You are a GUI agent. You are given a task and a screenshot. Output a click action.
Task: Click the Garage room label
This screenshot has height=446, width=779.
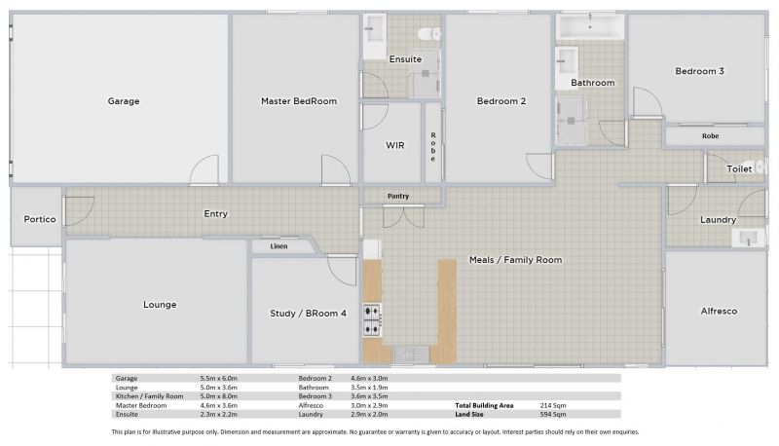point(124,101)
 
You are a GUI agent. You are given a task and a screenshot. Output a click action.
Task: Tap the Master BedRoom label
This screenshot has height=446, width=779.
point(299,101)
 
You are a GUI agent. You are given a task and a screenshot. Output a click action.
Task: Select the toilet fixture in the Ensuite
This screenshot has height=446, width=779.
point(429,34)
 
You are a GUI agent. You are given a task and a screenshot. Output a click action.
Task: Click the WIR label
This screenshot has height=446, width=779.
point(395,145)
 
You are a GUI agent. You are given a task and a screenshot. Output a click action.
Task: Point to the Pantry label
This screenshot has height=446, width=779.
point(398,196)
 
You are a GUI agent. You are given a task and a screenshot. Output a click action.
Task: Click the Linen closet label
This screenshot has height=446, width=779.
point(278,246)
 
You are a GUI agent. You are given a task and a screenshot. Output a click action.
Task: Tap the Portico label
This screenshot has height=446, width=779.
point(40,219)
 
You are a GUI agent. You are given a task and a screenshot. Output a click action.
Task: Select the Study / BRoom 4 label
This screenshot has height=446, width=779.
point(308,314)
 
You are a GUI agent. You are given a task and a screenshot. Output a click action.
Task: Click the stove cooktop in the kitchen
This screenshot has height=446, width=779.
point(372,319)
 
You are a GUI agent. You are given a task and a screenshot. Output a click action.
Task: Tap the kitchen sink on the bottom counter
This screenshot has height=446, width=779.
point(411,354)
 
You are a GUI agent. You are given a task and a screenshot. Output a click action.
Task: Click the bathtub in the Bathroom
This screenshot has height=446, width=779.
point(590,26)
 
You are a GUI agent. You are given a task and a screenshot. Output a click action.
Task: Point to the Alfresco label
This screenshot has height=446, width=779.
point(719,312)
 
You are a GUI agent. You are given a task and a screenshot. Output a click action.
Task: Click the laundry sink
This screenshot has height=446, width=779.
point(748,238)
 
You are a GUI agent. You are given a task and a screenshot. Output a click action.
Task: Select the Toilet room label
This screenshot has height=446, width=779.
point(739,168)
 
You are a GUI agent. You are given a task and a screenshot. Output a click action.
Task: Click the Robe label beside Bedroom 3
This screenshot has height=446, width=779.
point(711,136)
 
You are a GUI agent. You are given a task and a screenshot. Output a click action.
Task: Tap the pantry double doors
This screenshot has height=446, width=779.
point(403,216)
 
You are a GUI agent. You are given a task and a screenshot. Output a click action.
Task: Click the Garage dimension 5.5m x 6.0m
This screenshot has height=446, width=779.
point(218,379)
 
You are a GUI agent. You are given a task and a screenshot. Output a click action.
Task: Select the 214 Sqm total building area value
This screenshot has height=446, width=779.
point(553,405)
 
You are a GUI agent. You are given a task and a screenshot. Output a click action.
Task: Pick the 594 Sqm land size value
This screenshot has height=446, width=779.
point(553,414)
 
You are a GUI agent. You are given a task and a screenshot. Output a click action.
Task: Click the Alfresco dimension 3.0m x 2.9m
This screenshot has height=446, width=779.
point(369,405)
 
